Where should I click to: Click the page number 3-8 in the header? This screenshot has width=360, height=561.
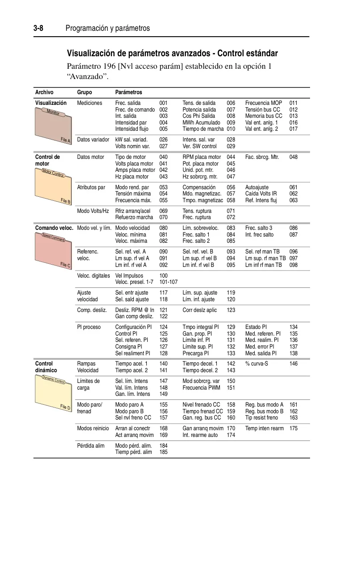click(x=38, y=28)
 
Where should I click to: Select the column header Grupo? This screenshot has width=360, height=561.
click(x=84, y=92)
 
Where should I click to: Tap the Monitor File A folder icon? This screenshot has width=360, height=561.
click(x=53, y=126)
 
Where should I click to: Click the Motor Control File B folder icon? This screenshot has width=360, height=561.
click(x=53, y=187)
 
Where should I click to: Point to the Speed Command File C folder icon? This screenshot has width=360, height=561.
click(x=53, y=251)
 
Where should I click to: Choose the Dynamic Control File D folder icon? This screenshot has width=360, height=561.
click(x=53, y=393)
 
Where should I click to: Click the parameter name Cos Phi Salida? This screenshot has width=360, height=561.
click(x=199, y=116)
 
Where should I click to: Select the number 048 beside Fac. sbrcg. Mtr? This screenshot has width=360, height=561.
click(x=294, y=157)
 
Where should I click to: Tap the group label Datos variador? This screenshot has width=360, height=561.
click(x=93, y=140)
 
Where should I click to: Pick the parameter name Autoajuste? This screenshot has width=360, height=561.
click(x=257, y=187)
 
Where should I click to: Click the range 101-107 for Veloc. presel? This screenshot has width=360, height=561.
click(x=169, y=282)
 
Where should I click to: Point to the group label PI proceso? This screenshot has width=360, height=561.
click(x=89, y=327)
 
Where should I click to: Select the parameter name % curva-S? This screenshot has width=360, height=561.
click(x=257, y=364)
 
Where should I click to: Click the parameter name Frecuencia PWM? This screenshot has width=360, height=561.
click(x=201, y=388)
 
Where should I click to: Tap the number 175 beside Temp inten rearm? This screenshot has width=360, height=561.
click(x=294, y=428)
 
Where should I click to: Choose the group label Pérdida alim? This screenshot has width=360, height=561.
click(x=91, y=445)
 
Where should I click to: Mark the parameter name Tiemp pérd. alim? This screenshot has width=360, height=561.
click(x=133, y=452)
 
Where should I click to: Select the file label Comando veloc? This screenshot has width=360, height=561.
click(x=54, y=228)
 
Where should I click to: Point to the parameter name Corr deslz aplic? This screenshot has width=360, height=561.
click(x=199, y=310)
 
